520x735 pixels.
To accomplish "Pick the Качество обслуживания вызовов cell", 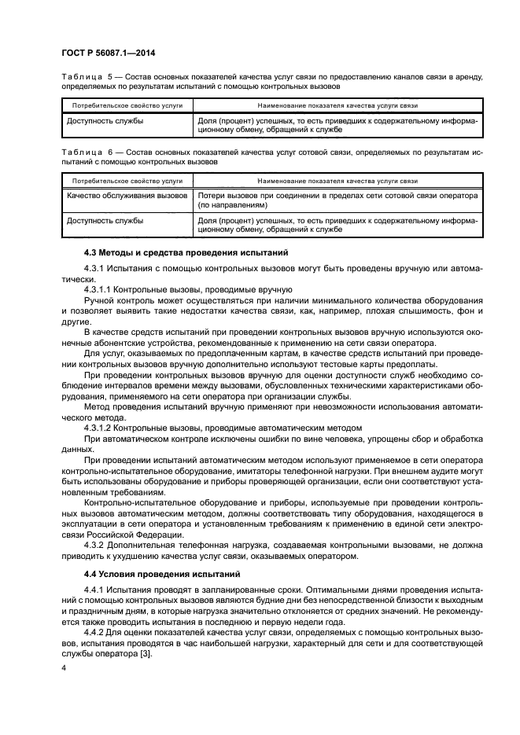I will click(127, 194).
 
